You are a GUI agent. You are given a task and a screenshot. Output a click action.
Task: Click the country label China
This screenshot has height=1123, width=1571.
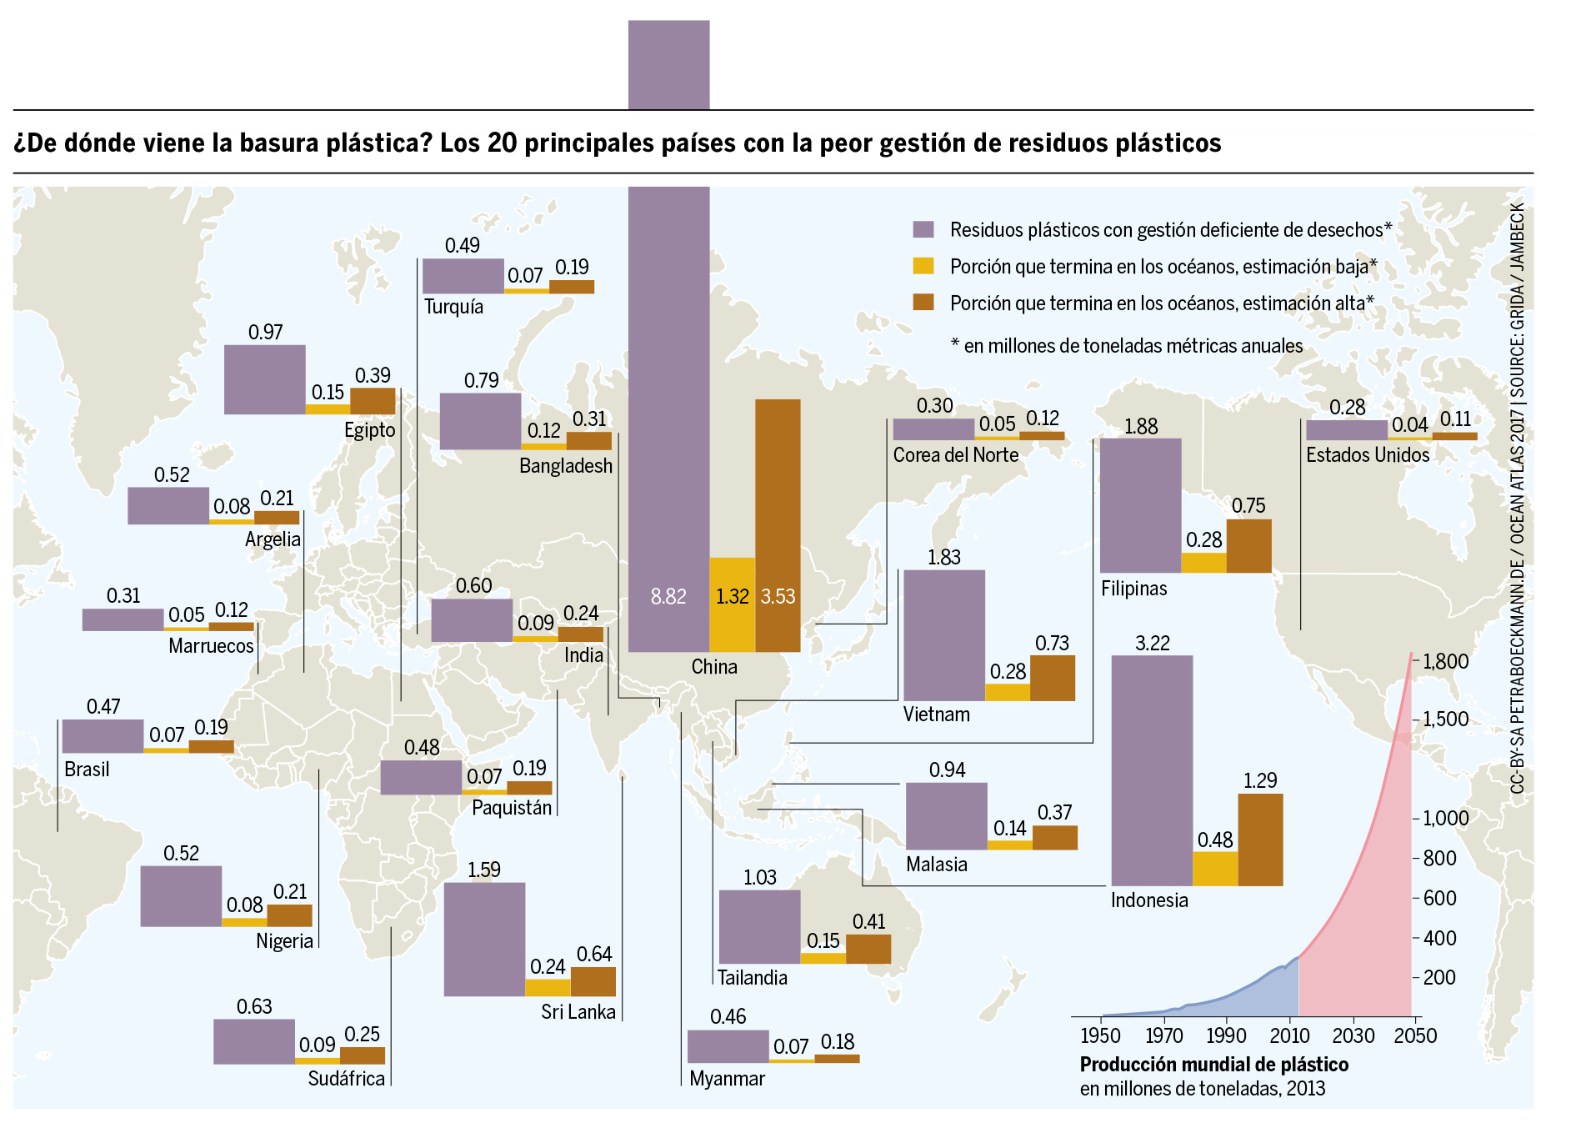tap(714, 666)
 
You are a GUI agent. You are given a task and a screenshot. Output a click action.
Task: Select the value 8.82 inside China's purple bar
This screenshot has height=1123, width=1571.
tap(668, 596)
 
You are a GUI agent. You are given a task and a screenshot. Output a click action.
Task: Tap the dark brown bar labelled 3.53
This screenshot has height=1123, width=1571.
tap(778, 525)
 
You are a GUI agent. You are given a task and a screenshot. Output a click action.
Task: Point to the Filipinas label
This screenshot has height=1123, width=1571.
tap(1133, 588)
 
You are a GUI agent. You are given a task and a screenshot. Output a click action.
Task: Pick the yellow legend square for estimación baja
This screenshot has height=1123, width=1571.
tap(923, 266)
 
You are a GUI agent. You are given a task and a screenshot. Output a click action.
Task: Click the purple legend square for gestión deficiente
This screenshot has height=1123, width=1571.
tap(923, 229)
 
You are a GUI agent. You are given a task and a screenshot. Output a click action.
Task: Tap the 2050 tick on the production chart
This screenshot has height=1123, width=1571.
tap(1415, 1035)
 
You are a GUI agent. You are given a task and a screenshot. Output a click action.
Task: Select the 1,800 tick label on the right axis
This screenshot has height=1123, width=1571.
tap(1445, 662)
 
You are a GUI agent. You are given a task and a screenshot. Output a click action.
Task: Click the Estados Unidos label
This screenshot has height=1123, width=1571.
tap(1367, 454)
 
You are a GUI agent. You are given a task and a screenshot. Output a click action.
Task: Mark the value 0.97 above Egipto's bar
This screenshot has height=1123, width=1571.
tap(266, 332)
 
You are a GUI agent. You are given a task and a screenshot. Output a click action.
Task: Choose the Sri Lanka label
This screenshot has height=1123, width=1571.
tap(578, 1011)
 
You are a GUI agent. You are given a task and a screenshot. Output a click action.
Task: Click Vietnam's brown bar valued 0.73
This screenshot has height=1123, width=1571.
tap(1053, 678)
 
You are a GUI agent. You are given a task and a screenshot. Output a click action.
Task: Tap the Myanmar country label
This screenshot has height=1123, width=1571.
tap(727, 1078)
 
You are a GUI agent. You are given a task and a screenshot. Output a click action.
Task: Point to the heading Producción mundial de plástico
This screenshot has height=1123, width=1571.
tap(1213, 1064)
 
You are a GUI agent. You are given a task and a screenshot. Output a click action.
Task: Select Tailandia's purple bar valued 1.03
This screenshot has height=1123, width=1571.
tap(759, 926)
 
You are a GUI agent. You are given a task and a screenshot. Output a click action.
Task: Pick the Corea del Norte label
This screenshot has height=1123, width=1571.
tap(955, 454)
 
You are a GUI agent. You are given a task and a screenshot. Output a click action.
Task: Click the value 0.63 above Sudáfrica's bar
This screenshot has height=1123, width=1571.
tap(254, 1006)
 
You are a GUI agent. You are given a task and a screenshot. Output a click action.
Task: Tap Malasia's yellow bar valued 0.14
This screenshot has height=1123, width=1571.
tap(1009, 845)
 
